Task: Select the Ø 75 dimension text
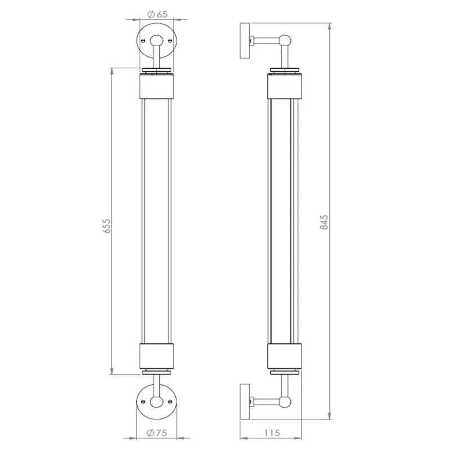click(158, 433)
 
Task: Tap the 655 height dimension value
click(107, 225)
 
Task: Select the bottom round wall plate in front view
click(157, 401)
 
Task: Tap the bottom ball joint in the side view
click(286, 401)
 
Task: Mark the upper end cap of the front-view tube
click(157, 85)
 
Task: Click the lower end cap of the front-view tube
click(157, 356)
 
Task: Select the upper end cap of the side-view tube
click(286, 85)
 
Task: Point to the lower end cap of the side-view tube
click(286, 356)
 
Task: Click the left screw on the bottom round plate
click(143, 401)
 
